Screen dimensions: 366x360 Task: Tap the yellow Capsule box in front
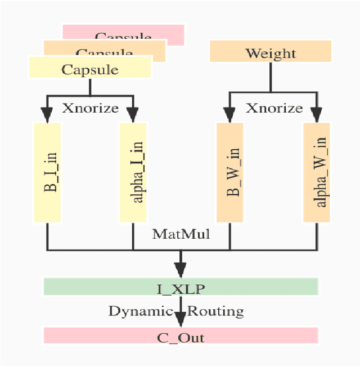90,69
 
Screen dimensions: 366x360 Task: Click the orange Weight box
270,53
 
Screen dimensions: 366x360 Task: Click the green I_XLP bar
181,289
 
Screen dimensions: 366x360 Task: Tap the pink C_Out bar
181,337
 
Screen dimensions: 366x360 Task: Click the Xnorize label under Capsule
90,108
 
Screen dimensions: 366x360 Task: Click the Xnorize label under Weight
274,108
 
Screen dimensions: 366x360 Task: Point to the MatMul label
181,234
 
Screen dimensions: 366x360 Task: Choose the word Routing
216,311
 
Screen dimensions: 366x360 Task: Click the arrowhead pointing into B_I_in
47,115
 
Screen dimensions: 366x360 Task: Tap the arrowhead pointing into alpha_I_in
133,115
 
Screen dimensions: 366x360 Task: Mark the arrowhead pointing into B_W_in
229,115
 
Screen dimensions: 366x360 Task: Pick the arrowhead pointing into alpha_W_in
316,115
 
